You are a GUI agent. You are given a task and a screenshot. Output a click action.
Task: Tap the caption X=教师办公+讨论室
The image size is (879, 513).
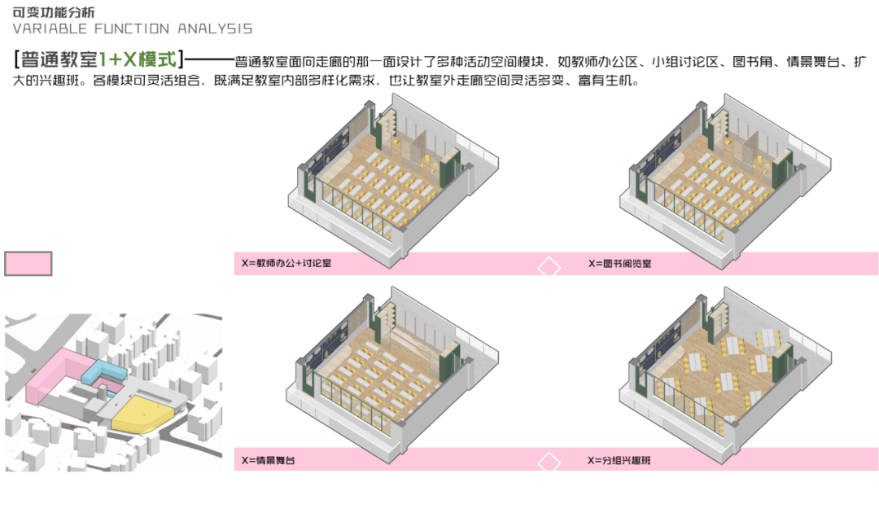click(292, 264)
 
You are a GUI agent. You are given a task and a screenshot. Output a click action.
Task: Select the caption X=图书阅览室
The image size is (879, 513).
click(619, 264)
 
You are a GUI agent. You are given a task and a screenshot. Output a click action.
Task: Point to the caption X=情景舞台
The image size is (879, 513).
click(268, 460)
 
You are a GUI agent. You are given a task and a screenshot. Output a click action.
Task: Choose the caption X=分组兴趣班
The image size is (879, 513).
click(619, 460)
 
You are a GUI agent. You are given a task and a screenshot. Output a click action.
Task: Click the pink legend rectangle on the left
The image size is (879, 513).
click(28, 264)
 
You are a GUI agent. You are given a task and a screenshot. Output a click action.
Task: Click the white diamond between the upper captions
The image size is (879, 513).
click(550, 267)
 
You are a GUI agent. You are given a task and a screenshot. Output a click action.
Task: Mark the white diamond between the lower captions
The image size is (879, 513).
click(550, 463)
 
